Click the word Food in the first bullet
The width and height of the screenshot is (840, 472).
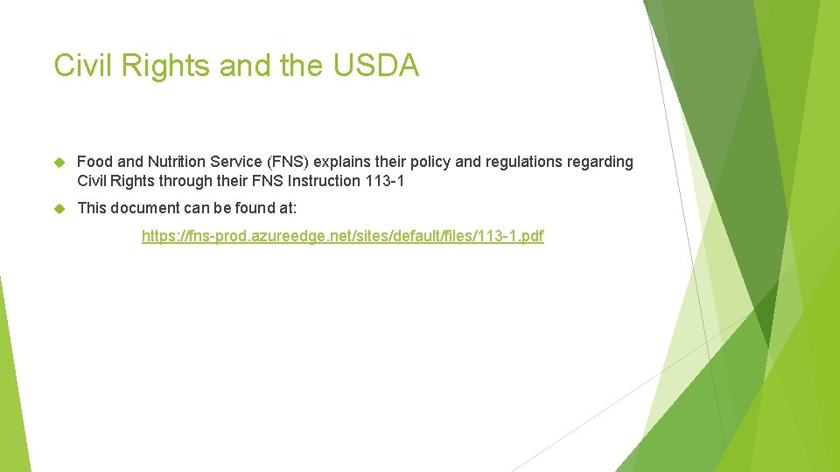pos(94,162)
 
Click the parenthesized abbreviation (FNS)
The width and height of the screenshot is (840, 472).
pos(290,162)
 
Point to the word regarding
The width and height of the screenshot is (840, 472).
pos(602,162)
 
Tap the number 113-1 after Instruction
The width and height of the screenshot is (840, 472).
pos(388,181)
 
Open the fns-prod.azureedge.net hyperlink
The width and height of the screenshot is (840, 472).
pos(342,236)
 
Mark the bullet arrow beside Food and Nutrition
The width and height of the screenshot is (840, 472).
pos(60,162)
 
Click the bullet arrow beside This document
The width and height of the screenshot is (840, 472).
pos(60,208)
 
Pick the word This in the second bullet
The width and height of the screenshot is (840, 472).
pos(92,208)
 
